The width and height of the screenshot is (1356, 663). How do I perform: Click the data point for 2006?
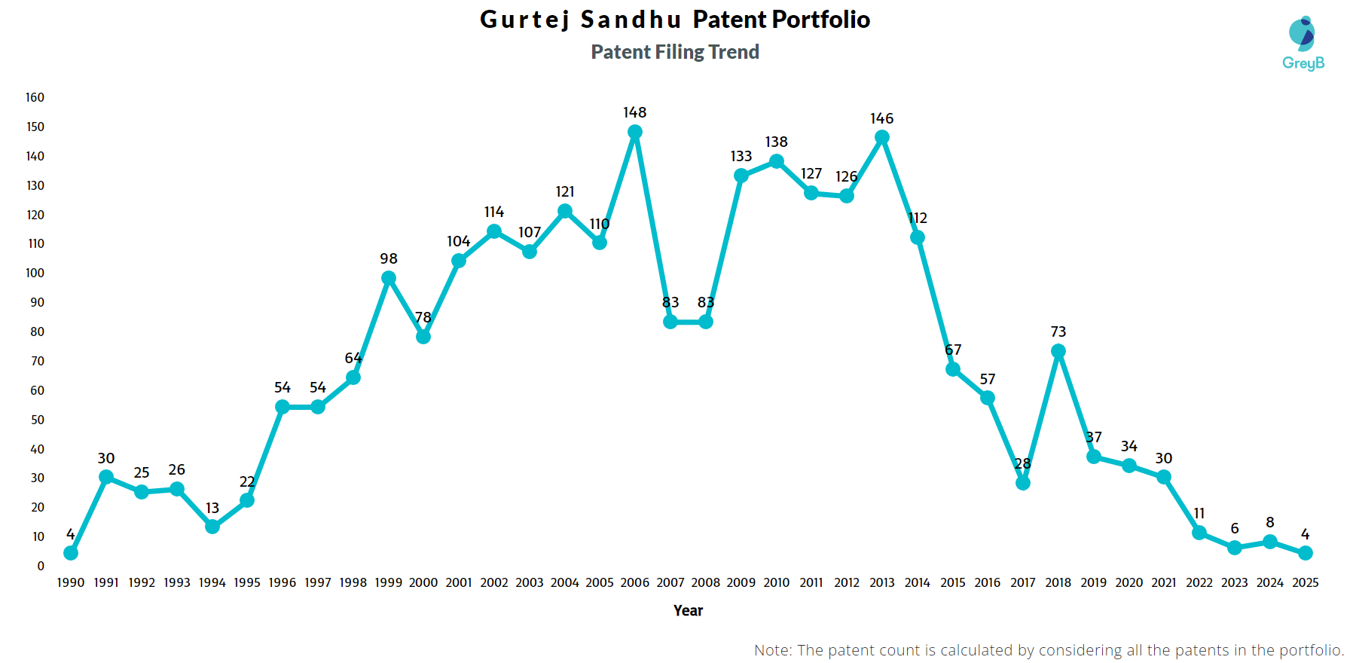(x=635, y=132)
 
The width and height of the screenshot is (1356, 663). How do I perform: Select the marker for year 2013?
(x=882, y=138)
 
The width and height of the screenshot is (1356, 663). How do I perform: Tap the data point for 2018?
(x=1058, y=351)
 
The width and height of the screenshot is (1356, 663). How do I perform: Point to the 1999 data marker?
(x=389, y=278)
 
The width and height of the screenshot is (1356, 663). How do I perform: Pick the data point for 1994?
(x=212, y=527)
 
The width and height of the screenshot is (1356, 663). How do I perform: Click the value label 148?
(x=635, y=112)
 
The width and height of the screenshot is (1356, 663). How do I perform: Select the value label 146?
(x=882, y=118)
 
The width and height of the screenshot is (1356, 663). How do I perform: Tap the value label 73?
(x=1058, y=331)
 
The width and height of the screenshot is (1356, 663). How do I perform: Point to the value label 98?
(x=389, y=258)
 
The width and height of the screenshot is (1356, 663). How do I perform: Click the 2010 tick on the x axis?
(x=777, y=582)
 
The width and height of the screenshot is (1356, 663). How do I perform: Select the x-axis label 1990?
(x=71, y=582)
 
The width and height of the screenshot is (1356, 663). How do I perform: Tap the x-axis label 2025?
(x=1306, y=582)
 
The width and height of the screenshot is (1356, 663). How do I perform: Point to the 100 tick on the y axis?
(x=35, y=273)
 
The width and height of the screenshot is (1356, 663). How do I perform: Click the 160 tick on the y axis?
(x=35, y=97)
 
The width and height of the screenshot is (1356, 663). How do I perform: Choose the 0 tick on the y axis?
(x=41, y=566)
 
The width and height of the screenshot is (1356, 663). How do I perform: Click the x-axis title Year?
(x=688, y=610)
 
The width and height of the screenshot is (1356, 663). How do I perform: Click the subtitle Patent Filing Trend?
(x=675, y=52)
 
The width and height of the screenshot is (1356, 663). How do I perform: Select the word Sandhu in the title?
(x=631, y=20)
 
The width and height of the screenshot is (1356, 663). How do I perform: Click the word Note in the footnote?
(x=771, y=650)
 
